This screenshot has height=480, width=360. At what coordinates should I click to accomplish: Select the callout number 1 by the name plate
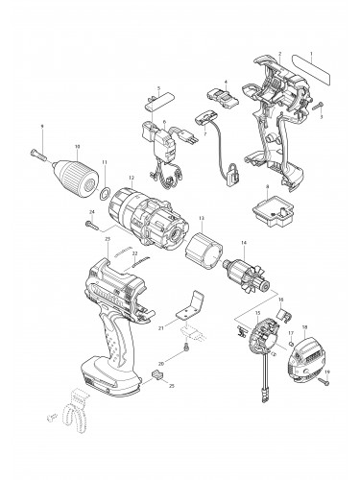click(x=310, y=56)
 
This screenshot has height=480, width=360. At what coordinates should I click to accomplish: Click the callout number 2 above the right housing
click(x=278, y=54)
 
